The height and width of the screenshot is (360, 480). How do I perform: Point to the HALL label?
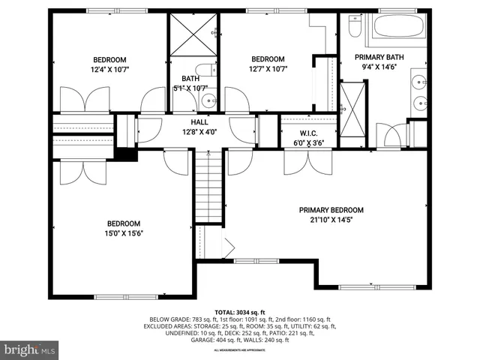point(199,123)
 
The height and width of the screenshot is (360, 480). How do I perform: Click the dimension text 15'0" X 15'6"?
point(124,232)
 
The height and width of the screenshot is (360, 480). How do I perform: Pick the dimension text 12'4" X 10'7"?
point(109,70)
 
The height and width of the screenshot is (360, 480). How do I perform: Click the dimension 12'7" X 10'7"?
point(268,69)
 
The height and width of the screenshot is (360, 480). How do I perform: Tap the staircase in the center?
point(209,187)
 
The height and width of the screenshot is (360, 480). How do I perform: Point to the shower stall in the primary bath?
point(350,110)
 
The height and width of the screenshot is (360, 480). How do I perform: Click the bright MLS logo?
point(30,349)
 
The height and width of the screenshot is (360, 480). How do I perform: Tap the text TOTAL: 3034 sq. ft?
point(240,312)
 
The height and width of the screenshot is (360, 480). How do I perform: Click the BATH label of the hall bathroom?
point(190,78)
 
